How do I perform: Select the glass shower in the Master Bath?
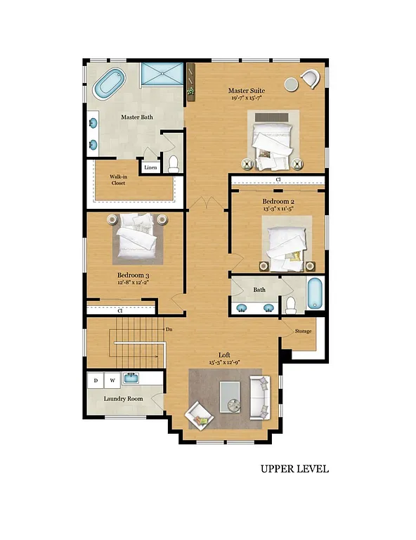pos(161,75)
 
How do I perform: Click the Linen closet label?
pos(150,167)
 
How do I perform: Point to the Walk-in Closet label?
pos(117,180)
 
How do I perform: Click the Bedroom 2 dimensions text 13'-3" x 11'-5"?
pos(278,208)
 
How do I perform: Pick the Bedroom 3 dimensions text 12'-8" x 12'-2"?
pos(133,282)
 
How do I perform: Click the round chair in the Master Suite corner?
pos(308,79)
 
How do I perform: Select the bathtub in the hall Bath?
pos(315,293)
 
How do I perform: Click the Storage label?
pos(303,330)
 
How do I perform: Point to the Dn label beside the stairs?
pos(169,328)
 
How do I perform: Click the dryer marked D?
pos(96,380)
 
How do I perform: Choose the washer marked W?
pos(112,380)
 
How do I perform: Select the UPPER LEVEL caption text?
pos(294,469)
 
